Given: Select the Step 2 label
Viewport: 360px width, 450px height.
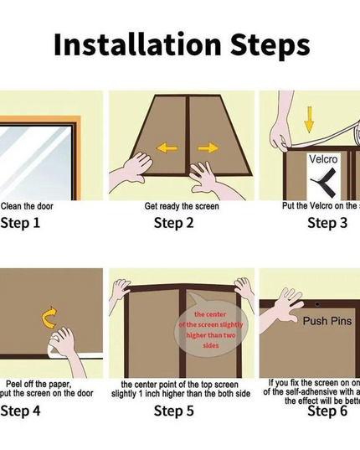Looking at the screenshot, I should coord(174,223).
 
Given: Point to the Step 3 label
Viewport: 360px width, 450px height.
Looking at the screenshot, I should coord(327,223).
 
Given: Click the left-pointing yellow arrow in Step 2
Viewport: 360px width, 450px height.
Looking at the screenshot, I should coord(167,148).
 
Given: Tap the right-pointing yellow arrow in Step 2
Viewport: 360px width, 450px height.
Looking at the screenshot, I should coord(207,148).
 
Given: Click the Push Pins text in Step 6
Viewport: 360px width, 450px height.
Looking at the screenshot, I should coord(327,320).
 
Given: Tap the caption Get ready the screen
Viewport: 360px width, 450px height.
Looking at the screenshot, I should coord(181,205).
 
